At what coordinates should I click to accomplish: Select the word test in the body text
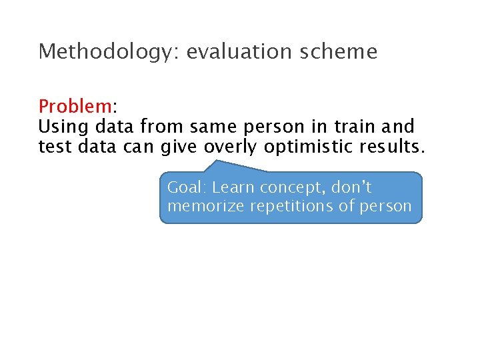(x=55, y=146)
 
